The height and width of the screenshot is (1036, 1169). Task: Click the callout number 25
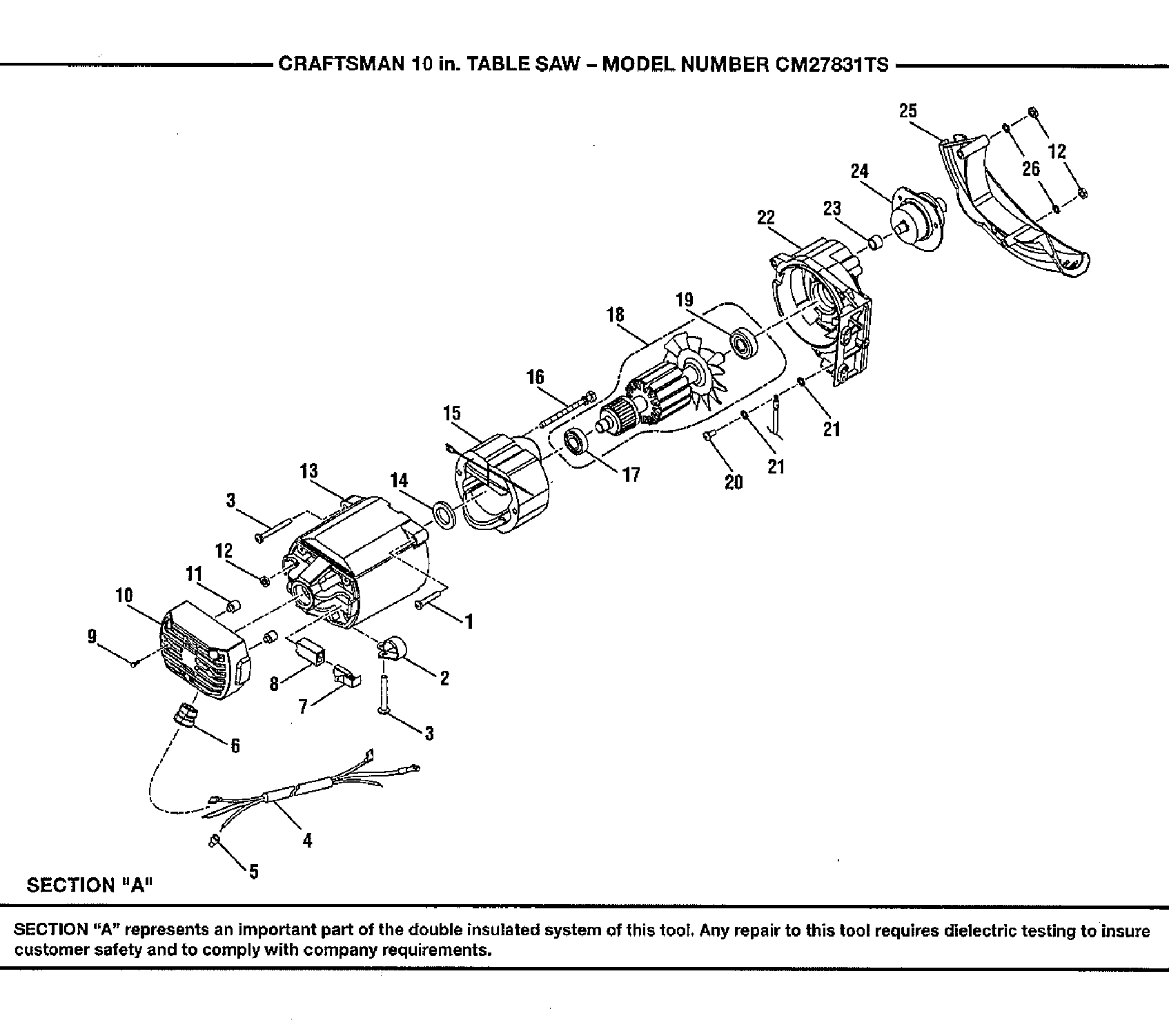907,110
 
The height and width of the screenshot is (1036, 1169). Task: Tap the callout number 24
859,170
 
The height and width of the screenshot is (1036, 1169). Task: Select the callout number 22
766,217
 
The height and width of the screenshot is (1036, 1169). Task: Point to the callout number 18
615,315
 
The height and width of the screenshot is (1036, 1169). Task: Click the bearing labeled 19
745,343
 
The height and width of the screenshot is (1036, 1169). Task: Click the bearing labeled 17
575,442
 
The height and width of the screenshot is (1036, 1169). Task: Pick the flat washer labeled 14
443,516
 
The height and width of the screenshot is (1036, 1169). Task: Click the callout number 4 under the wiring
307,840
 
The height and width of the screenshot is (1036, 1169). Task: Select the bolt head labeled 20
709,436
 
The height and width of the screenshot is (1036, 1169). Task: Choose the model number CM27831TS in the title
832,65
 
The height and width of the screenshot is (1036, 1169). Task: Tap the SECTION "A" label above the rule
88,885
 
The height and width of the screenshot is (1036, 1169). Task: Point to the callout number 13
308,471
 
